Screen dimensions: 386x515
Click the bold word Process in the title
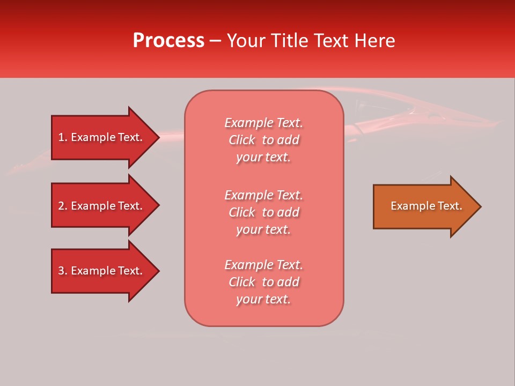(x=168, y=41)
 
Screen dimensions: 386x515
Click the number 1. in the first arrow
(x=63, y=137)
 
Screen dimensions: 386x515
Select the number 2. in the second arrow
(x=63, y=206)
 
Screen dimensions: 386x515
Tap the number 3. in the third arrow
(x=63, y=271)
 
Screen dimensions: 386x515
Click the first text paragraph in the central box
(x=263, y=140)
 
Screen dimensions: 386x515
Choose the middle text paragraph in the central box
(x=263, y=212)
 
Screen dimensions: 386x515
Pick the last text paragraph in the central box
(x=263, y=282)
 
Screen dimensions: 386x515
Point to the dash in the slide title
(x=215, y=41)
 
